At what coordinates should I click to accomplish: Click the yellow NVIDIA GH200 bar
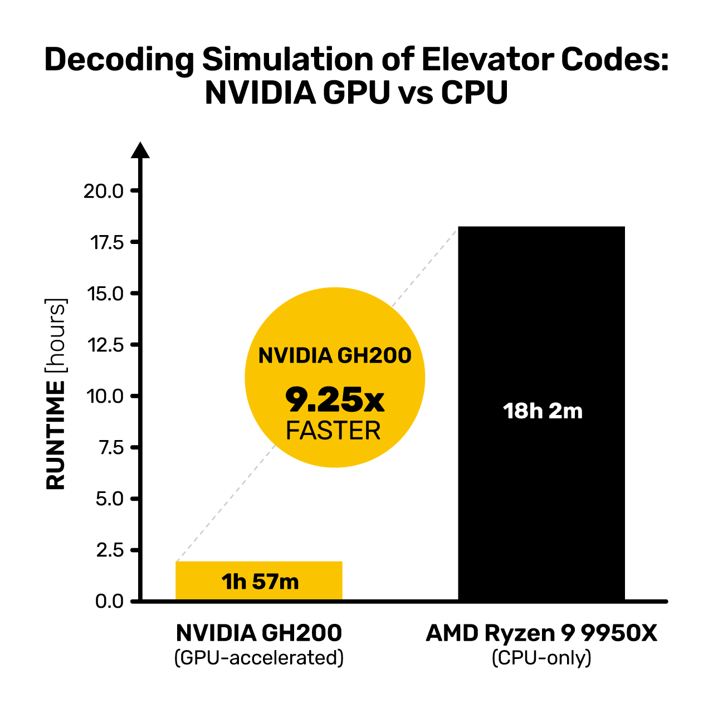coord(258,581)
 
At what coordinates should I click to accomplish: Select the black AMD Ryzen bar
coord(541,413)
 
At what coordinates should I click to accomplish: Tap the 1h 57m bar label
coord(260,582)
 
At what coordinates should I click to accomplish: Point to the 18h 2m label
coord(543,411)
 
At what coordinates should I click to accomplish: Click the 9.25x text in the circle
coord(334,400)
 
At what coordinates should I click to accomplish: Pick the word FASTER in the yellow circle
coord(333,431)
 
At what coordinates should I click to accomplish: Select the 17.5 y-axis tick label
coord(107,243)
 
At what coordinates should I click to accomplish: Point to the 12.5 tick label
coord(105,345)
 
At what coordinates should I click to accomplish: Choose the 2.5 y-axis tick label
coord(110,550)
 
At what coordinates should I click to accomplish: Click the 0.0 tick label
coord(109,602)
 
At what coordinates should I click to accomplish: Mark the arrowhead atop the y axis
coord(140,150)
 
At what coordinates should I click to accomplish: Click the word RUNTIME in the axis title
coord(56,435)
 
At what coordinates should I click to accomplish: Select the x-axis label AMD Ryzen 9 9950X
coord(541,633)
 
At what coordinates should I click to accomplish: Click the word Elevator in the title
coord(487,60)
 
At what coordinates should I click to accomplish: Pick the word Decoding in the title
coord(119,60)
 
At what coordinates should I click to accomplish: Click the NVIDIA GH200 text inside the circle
coord(334,356)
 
